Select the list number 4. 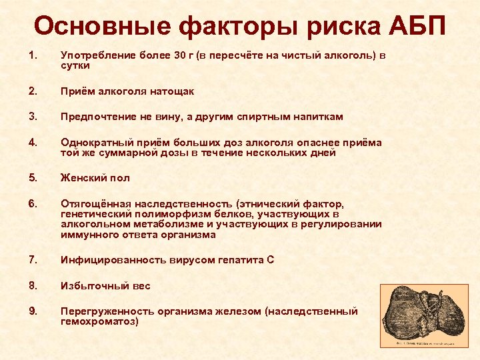(x=33, y=142)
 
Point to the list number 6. (x=33, y=203)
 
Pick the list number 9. (x=33, y=311)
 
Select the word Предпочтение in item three (x=93, y=117)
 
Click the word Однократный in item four (x=91, y=142)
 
